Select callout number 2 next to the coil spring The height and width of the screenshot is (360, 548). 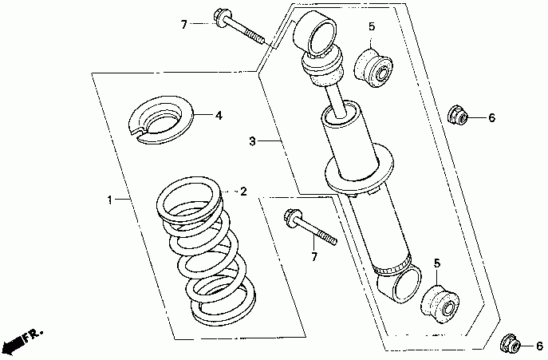[243, 192]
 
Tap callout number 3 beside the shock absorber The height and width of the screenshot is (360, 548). [251, 141]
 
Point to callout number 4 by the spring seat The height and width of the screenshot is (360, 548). [218, 115]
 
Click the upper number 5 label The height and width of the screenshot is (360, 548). [371, 28]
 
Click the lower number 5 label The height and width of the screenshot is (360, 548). [437, 263]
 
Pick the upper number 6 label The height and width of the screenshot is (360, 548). [491, 118]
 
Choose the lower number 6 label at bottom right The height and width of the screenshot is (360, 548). [539, 346]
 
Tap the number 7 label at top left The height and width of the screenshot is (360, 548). [183, 25]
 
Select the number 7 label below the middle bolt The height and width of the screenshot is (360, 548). [313, 256]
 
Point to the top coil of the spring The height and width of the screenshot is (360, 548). [190, 199]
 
